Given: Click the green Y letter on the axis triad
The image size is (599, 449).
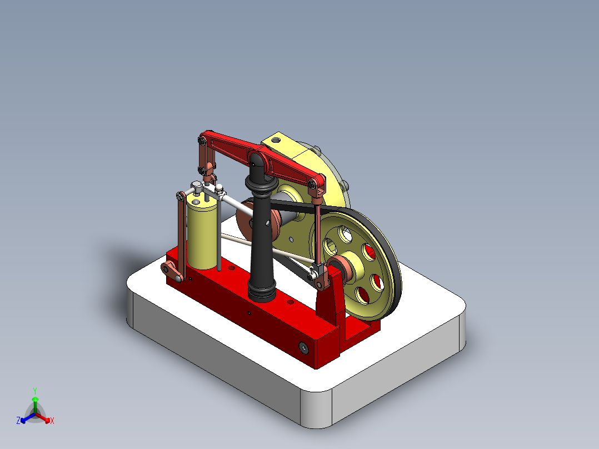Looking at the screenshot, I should [34, 391].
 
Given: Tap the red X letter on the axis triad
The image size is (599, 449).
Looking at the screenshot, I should [52, 421].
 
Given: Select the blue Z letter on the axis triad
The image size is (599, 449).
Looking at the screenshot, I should [18, 421].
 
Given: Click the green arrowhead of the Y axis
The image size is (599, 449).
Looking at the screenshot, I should [35, 400].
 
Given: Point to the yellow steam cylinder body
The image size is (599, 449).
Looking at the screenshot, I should [203, 233].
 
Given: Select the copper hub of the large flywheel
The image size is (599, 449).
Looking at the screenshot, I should [340, 267].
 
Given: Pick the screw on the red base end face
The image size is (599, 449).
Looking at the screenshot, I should [304, 347].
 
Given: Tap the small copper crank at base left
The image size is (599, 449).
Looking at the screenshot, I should [173, 272].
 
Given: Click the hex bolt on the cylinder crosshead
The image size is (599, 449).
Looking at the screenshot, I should [197, 185].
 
